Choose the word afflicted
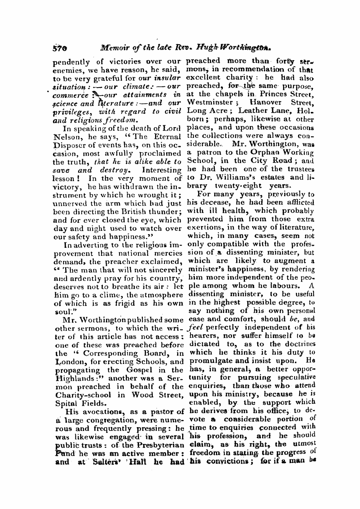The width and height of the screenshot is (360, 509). [x=299, y=202]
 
